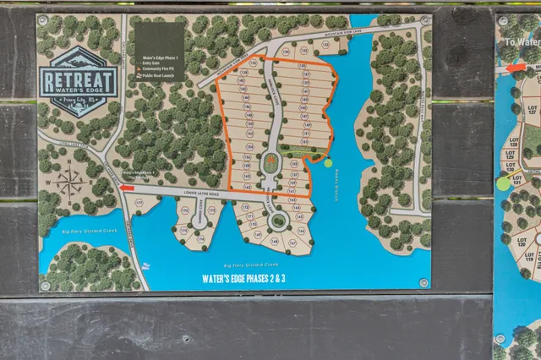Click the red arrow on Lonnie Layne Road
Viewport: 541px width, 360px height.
coord(127,189)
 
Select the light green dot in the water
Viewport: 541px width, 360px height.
coord(328,163)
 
